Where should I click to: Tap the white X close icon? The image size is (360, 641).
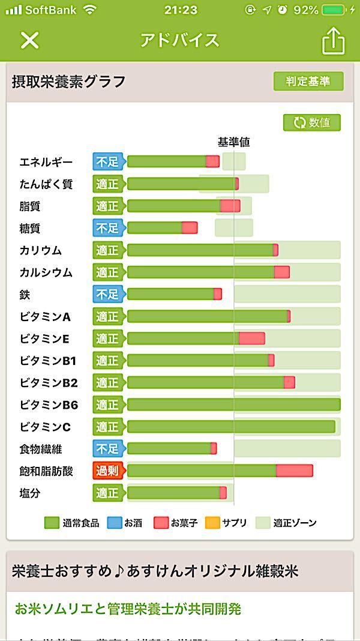click(29, 40)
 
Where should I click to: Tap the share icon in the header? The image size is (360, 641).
click(334, 41)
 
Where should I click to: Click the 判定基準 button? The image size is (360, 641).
click(308, 82)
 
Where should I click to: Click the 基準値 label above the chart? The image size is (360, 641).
click(233, 142)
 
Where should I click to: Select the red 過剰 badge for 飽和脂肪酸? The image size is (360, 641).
click(107, 471)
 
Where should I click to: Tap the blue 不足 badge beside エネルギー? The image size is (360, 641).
click(107, 161)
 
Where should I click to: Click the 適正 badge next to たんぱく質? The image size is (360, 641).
click(107, 184)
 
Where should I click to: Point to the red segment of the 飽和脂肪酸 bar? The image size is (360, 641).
click(294, 471)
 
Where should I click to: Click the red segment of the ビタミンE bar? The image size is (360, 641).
click(251, 338)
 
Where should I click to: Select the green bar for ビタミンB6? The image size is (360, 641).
click(233, 405)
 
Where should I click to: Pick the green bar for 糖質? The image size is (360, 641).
click(154, 228)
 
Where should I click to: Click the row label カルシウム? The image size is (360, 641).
click(46, 272)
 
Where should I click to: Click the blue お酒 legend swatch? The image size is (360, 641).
click(114, 523)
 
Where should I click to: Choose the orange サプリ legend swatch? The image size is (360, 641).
click(212, 523)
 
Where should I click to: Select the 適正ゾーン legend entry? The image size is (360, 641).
click(286, 523)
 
